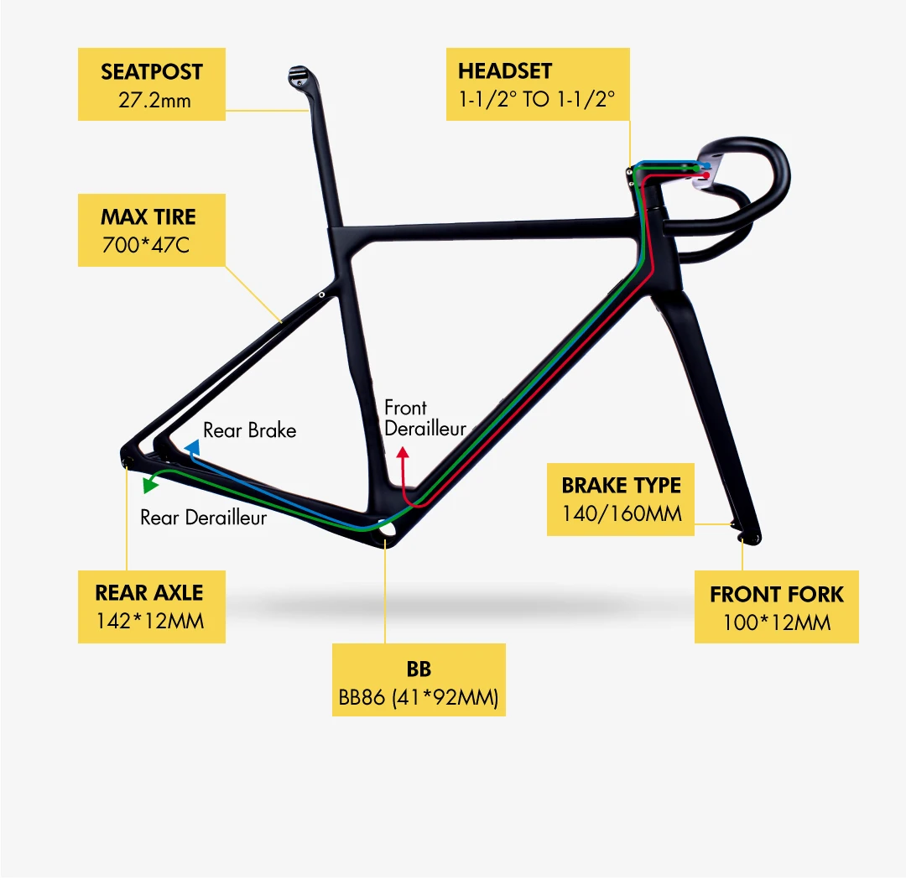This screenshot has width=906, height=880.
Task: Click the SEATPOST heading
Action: click(152, 72)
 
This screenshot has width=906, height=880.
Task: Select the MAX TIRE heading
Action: click(148, 217)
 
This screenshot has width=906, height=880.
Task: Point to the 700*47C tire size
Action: click(148, 247)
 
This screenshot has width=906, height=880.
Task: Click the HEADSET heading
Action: click(505, 71)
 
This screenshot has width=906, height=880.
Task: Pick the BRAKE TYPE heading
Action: click(621, 486)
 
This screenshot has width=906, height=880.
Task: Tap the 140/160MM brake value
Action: click(621, 513)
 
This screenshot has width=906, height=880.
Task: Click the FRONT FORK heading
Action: click(776, 595)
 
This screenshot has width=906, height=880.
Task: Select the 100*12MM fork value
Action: click(776, 623)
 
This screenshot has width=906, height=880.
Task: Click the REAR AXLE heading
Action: click(149, 593)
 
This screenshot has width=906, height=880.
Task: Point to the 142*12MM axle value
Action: click(149, 622)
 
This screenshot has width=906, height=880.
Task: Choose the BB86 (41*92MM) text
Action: click(419, 698)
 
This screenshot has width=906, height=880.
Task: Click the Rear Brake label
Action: click(249, 430)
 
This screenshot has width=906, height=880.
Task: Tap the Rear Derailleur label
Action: click(203, 518)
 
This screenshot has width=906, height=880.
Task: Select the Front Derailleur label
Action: click(424, 418)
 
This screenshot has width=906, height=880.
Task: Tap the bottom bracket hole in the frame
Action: click(386, 531)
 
